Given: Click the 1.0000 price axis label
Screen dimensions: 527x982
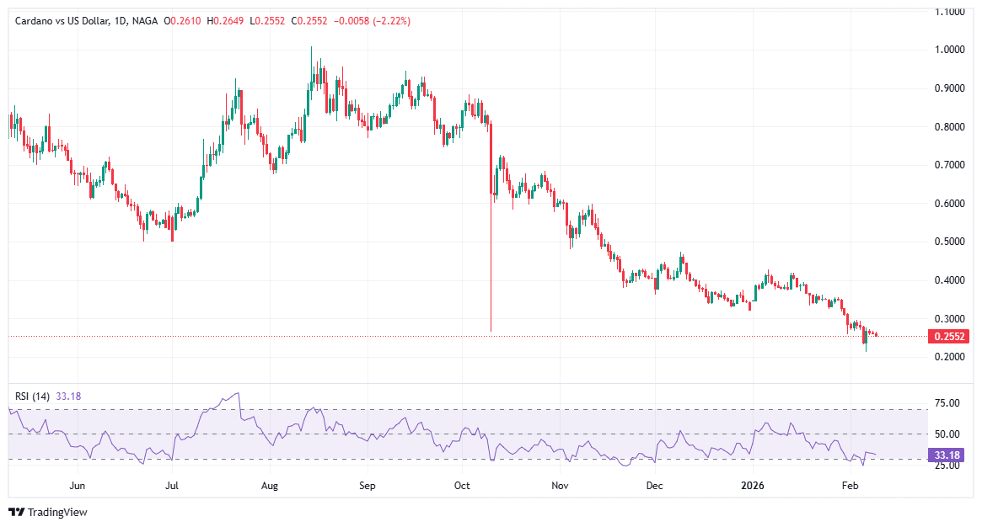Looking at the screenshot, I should [x=949, y=50].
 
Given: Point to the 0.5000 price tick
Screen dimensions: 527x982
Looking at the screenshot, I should [x=949, y=242].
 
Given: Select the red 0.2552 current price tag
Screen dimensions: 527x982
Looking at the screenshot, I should [x=949, y=337].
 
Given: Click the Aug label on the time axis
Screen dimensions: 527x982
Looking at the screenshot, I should [x=270, y=486].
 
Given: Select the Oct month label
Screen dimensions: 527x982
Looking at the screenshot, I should [x=462, y=486].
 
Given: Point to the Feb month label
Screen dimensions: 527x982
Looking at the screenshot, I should [x=850, y=486].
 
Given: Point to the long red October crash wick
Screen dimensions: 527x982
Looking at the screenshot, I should [x=491, y=253].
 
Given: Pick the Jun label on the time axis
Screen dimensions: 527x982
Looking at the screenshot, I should [x=78, y=486].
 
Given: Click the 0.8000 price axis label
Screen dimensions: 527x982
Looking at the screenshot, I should [x=949, y=127].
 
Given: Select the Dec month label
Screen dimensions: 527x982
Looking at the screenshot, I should [x=654, y=486].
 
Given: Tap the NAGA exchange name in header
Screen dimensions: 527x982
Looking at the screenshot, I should [x=144, y=21].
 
